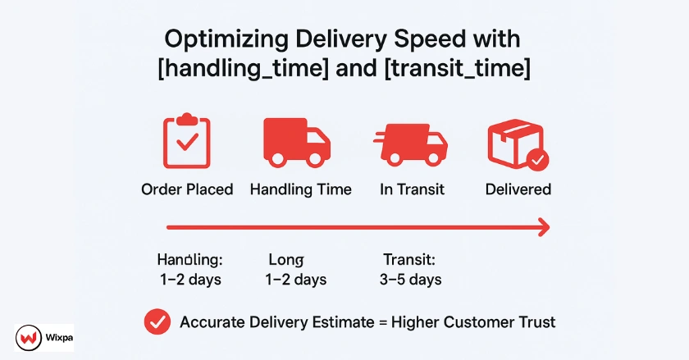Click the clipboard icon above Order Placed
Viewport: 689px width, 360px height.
click(x=187, y=141)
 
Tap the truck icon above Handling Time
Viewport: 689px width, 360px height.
click(x=297, y=143)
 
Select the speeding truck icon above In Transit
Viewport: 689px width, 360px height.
click(x=410, y=144)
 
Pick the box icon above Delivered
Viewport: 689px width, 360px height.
click(x=518, y=144)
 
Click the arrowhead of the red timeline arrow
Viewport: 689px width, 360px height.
click(x=544, y=227)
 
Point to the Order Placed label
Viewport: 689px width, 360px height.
click(x=187, y=189)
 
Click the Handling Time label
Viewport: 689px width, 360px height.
click(x=301, y=189)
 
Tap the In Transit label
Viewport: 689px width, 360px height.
click(x=412, y=189)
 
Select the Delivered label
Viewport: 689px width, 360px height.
click(x=518, y=189)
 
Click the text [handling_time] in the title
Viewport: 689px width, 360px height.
click(x=243, y=69)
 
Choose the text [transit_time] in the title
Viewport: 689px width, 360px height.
click(x=458, y=69)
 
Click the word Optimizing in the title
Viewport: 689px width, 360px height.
click(x=226, y=39)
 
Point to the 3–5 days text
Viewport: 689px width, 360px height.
click(x=410, y=280)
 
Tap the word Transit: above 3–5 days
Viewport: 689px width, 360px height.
click(x=409, y=260)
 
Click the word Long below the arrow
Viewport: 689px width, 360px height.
click(x=286, y=260)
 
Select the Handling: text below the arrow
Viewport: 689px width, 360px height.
click(x=189, y=260)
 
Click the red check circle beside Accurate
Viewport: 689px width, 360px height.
click(x=157, y=321)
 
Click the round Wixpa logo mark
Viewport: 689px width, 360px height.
click(x=29, y=338)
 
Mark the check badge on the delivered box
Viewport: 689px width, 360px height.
click(x=537, y=160)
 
